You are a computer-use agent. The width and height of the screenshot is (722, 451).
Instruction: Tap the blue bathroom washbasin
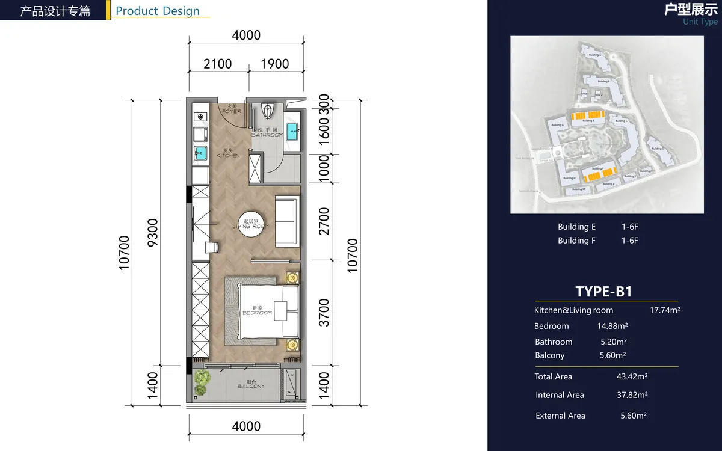click(292, 130)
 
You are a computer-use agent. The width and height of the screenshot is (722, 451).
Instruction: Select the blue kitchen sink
click(200, 153)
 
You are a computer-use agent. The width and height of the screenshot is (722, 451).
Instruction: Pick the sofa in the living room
click(287, 221)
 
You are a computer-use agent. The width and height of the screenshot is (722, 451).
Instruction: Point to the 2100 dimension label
click(217, 64)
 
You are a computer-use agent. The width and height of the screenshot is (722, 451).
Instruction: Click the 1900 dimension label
click(274, 64)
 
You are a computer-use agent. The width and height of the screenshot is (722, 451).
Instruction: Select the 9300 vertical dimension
click(153, 232)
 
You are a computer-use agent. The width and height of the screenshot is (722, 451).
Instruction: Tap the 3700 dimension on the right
click(324, 313)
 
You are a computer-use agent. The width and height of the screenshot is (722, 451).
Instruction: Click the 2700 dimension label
click(324, 221)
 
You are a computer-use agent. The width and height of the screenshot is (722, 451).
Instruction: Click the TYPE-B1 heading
click(603, 292)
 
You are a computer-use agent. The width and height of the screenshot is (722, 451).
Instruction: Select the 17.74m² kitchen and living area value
click(665, 310)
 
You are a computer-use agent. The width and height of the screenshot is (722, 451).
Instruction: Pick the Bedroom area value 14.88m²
click(612, 326)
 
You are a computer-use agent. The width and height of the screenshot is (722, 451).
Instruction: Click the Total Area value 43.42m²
click(632, 376)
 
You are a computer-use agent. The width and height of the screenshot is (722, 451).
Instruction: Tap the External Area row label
click(560, 416)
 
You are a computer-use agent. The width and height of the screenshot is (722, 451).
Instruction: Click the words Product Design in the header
click(158, 11)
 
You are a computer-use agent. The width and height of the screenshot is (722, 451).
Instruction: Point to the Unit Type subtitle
click(700, 22)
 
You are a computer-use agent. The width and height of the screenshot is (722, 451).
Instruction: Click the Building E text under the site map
click(576, 227)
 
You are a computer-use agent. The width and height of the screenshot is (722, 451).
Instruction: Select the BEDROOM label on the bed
click(258, 313)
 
